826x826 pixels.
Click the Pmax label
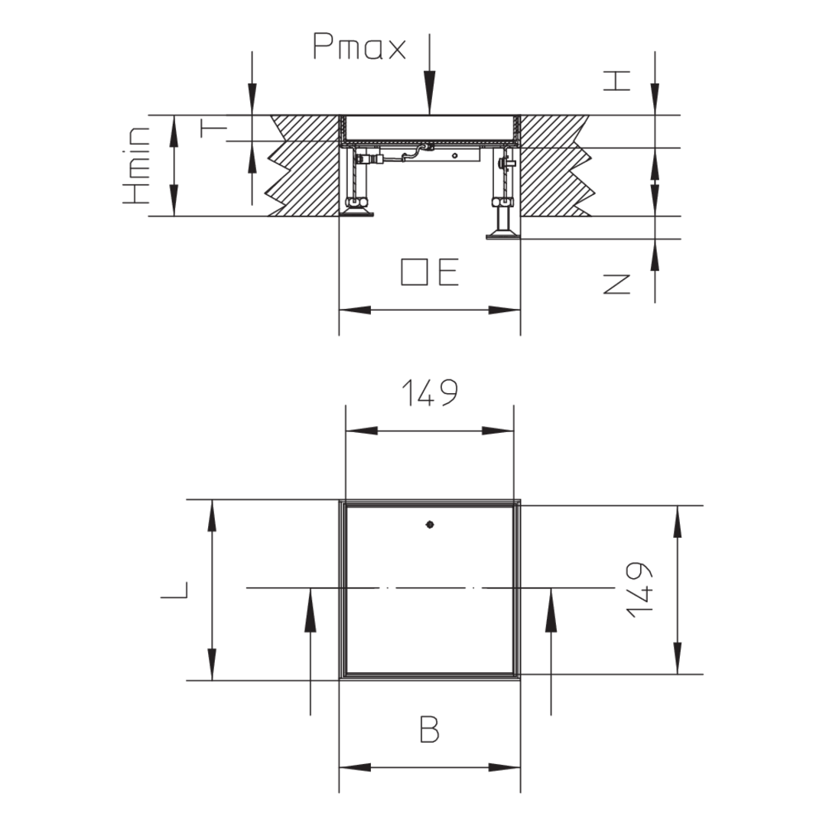[x=359, y=47]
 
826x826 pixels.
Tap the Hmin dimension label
[x=136, y=165]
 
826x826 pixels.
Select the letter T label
[x=213, y=128]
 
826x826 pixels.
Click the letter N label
[x=616, y=285]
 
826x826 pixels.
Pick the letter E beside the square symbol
[x=448, y=272]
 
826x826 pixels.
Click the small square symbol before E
[x=414, y=272]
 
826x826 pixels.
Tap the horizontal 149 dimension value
[x=430, y=392]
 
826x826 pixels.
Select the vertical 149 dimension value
[x=639, y=590]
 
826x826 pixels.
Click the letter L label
[x=174, y=590]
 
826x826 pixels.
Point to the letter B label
[x=429, y=729]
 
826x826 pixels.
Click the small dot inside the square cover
[x=430, y=525]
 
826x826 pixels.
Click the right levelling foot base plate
[x=502, y=236]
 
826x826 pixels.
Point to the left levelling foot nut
[x=356, y=203]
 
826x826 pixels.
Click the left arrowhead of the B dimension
[x=355, y=768]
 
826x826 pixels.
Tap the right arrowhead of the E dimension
[x=505, y=310]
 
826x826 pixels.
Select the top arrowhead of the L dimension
[x=212, y=515]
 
